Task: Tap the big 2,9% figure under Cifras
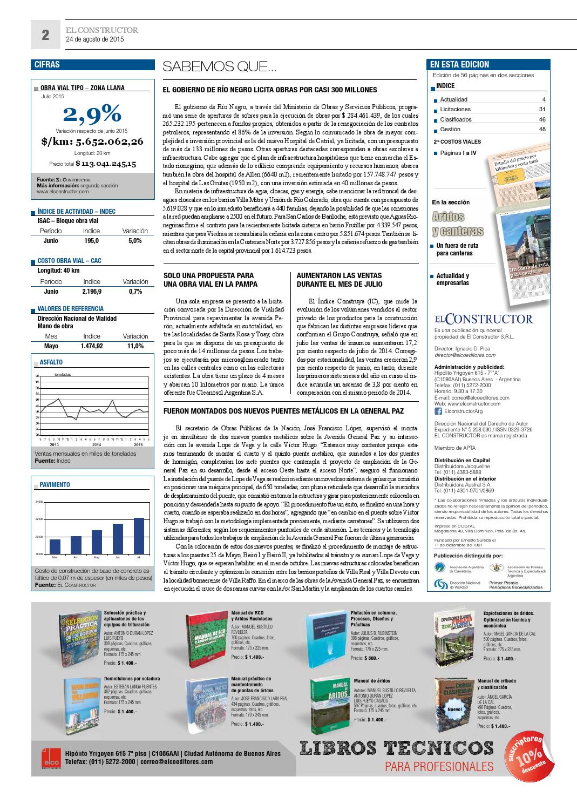click(92, 114)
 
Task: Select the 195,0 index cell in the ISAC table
click(91, 241)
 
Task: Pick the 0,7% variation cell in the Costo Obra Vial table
click(135, 292)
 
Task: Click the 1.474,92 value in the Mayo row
click(91, 346)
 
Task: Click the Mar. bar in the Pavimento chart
click(55, 546)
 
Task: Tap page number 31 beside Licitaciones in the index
click(542, 109)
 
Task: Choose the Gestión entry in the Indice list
click(450, 129)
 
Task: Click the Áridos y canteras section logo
click(457, 224)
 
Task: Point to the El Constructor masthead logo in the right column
click(483, 319)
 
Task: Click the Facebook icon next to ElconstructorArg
click(438, 411)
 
